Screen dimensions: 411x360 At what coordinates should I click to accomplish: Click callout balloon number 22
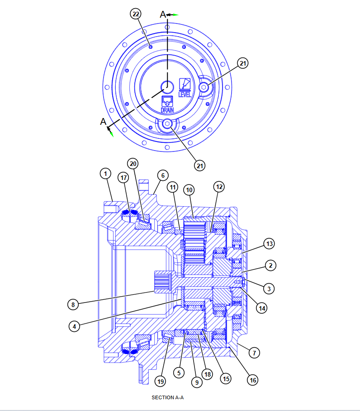click(136, 14)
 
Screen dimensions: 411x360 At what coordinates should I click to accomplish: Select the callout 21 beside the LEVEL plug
click(243, 64)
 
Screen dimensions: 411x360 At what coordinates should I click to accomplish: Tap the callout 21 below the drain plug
click(200, 165)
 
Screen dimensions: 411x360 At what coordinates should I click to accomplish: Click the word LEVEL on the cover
click(185, 94)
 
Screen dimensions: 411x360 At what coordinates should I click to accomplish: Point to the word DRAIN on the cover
click(167, 110)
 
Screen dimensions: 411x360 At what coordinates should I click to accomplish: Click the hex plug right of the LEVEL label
click(205, 87)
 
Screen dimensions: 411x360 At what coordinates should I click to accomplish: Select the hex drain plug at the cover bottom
click(168, 125)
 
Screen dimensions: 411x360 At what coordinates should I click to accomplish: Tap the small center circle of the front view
click(167, 85)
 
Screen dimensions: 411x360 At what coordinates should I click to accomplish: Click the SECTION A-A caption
click(168, 398)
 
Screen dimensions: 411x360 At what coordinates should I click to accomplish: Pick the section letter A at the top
click(163, 14)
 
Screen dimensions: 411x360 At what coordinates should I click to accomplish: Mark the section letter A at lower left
click(103, 122)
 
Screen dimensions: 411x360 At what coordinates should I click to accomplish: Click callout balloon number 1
click(105, 173)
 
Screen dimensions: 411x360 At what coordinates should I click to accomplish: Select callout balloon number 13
click(270, 244)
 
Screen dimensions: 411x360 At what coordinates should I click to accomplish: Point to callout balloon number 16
click(253, 380)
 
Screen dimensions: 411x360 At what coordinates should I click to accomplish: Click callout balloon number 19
click(160, 381)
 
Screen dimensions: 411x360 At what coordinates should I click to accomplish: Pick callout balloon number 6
click(162, 175)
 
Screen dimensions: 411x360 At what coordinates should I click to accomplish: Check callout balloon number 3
click(270, 288)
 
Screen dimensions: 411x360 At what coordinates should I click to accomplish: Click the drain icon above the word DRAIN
click(167, 100)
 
